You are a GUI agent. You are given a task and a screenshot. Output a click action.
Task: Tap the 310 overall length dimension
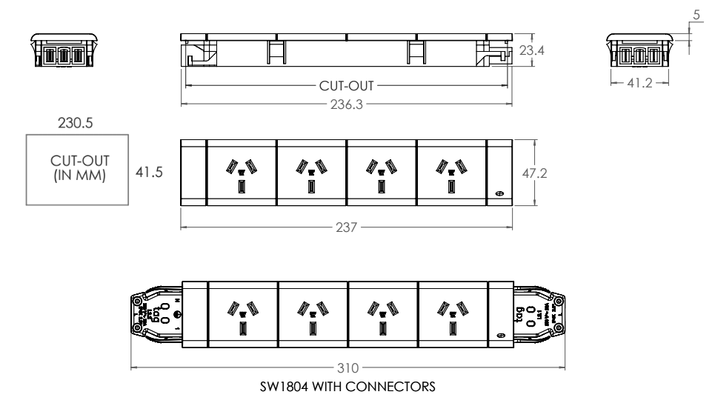(x=346, y=367)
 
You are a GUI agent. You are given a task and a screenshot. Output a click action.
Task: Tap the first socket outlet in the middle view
(x=242, y=173)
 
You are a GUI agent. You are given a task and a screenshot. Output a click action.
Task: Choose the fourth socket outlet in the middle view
(x=451, y=173)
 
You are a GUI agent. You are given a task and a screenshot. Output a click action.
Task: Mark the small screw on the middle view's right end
(x=498, y=194)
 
